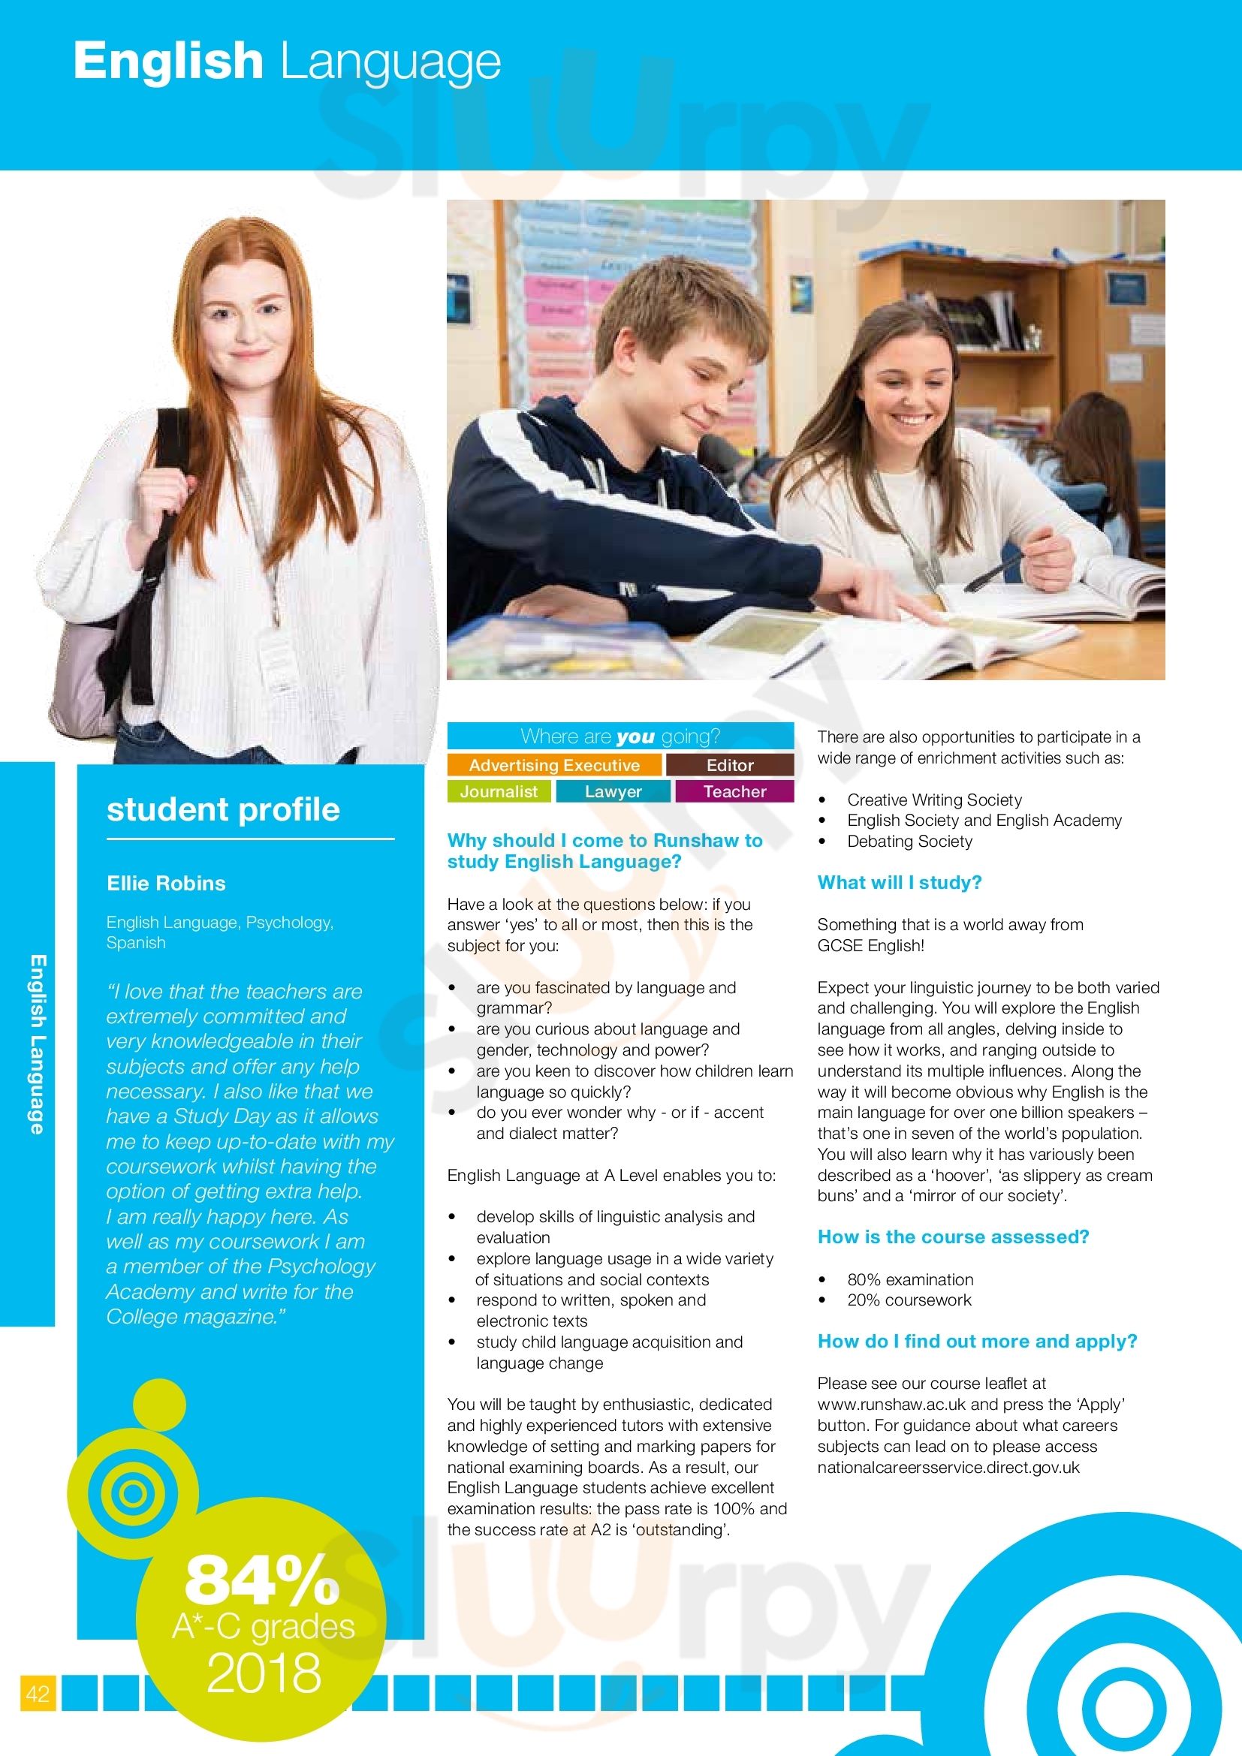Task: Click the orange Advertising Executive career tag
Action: [553, 765]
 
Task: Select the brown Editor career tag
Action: [730, 765]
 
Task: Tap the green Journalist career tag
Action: [499, 791]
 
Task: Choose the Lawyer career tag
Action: [613, 791]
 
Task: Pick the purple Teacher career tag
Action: [734, 791]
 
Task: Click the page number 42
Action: [38, 1693]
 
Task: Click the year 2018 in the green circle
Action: [264, 1673]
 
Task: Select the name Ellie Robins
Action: [166, 884]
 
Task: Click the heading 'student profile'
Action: [222, 809]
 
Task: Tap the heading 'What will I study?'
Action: [900, 883]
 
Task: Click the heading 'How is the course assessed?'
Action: [953, 1236]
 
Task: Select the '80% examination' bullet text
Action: [910, 1279]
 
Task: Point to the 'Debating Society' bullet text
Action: [909, 842]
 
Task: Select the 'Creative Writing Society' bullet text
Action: [934, 800]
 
